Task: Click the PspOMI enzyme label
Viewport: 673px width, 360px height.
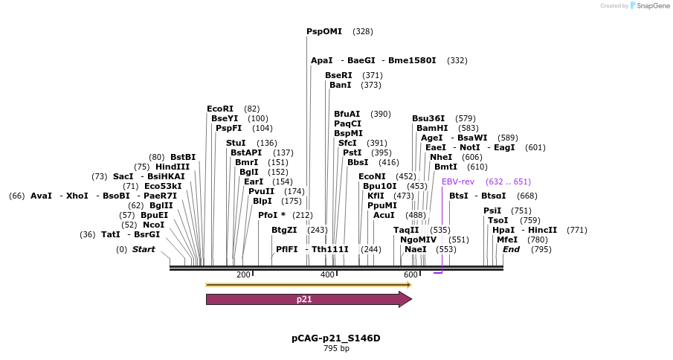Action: pyautogui.click(x=324, y=31)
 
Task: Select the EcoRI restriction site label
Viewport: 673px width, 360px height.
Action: pyautogui.click(x=220, y=109)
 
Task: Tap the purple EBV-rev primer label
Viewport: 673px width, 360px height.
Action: pyautogui.click(x=458, y=181)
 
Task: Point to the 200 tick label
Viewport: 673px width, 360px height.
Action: pyautogui.click(x=243, y=275)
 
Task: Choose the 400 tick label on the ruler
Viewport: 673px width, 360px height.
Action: pyautogui.click(x=327, y=275)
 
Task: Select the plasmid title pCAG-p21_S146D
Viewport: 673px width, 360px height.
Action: pyautogui.click(x=335, y=338)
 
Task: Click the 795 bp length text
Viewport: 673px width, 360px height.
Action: pyautogui.click(x=336, y=348)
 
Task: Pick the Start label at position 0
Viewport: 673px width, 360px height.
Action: pyautogui.click(x=144, y=249)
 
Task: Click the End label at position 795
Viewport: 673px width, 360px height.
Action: pyautogui.click(x=511, y=249)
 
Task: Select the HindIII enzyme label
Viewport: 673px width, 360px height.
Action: pyautogui.click(x=173, y=167)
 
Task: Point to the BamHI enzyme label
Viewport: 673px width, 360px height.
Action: pyautogui.click(x=432, y=128)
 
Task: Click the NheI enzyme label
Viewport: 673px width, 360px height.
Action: pyautogui.click(x=441, y=157)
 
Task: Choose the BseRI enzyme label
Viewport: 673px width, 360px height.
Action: pyautogui.click(x=338, y=75)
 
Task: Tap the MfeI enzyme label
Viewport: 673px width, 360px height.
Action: pyautogui.click(x=507, y=240)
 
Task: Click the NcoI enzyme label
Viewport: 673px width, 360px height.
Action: pyautogui.click(x=154, y=225)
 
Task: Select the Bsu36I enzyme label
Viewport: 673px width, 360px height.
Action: pyautogui.click(x=428, y=118)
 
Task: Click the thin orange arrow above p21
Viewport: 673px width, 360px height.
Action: pyautogui.click(x=308, y=284)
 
